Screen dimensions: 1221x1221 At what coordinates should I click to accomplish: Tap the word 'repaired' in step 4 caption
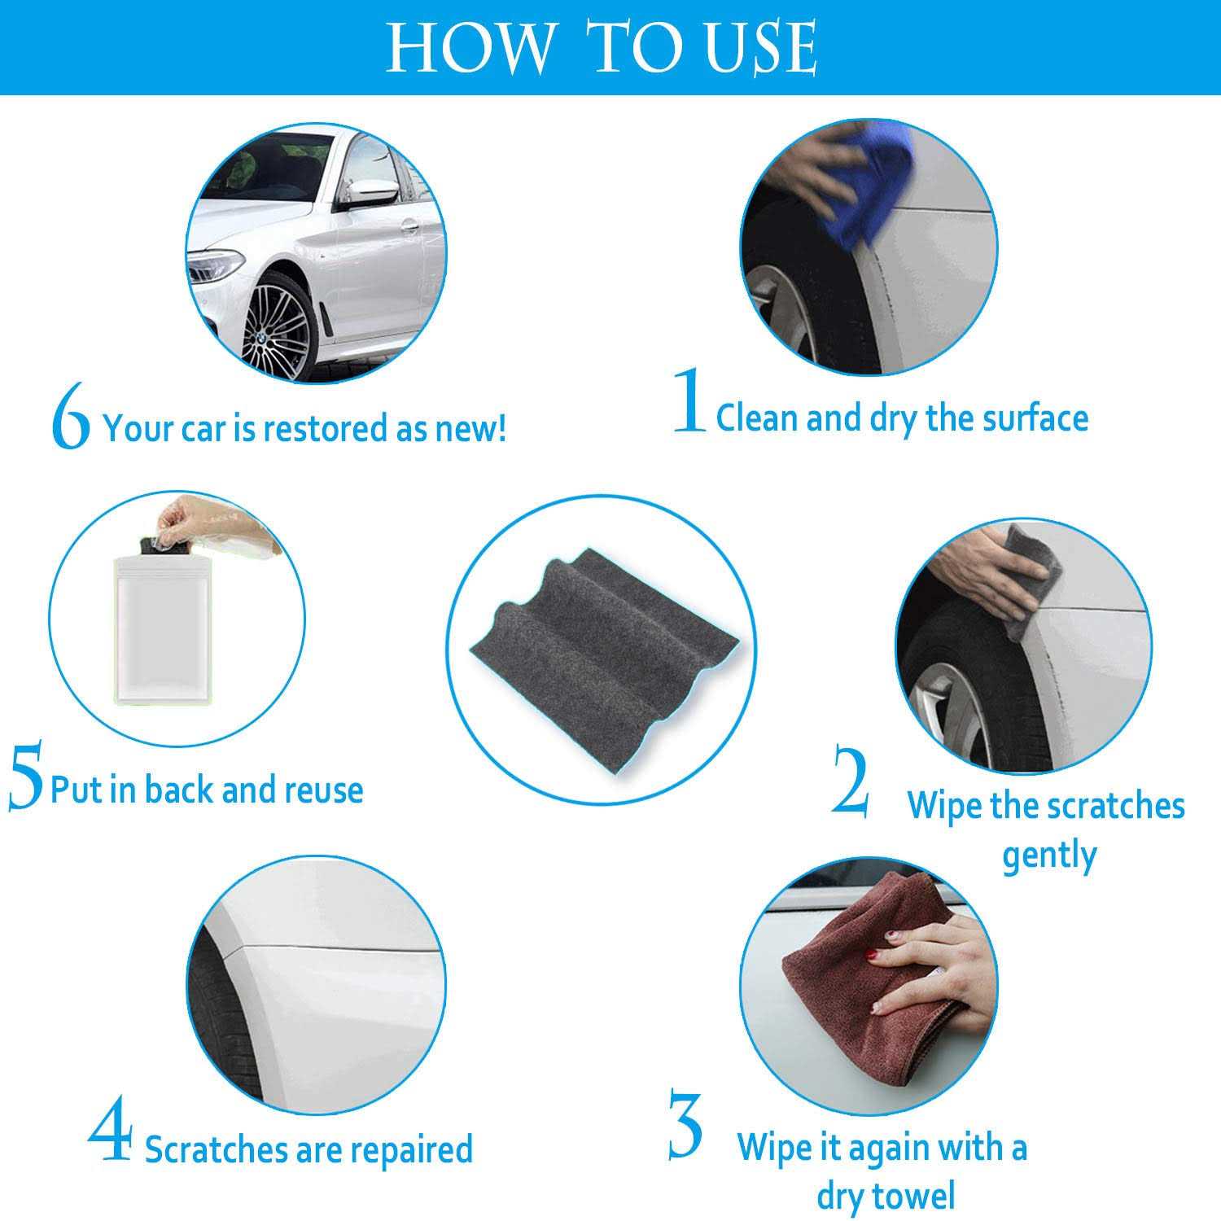(x=415, y=1149)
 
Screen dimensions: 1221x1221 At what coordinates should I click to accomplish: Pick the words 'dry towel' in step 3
(x=886, y=1196)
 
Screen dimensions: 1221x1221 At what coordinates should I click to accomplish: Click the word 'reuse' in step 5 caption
(x=321, y=790)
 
